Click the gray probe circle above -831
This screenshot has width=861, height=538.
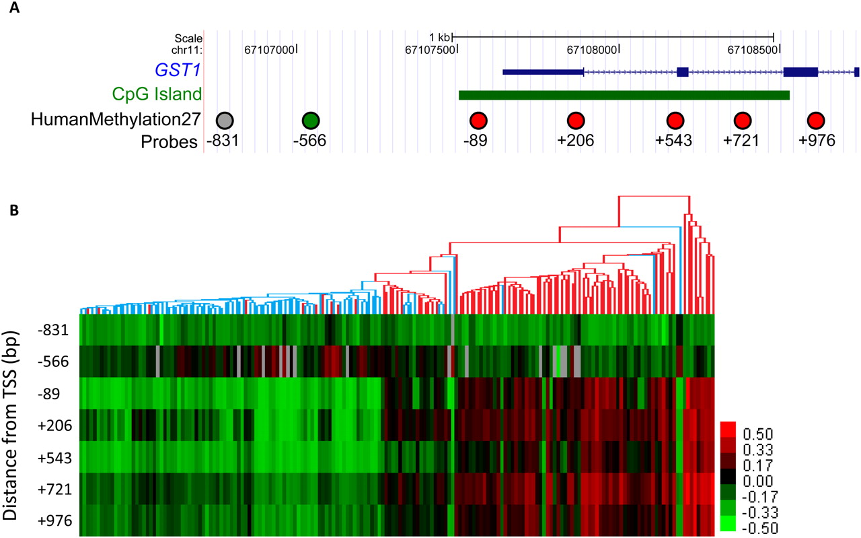225,121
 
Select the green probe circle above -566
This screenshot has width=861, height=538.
310,121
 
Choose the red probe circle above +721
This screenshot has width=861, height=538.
742,121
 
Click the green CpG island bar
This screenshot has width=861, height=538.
624,95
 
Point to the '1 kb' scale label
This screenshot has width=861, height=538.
440,36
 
